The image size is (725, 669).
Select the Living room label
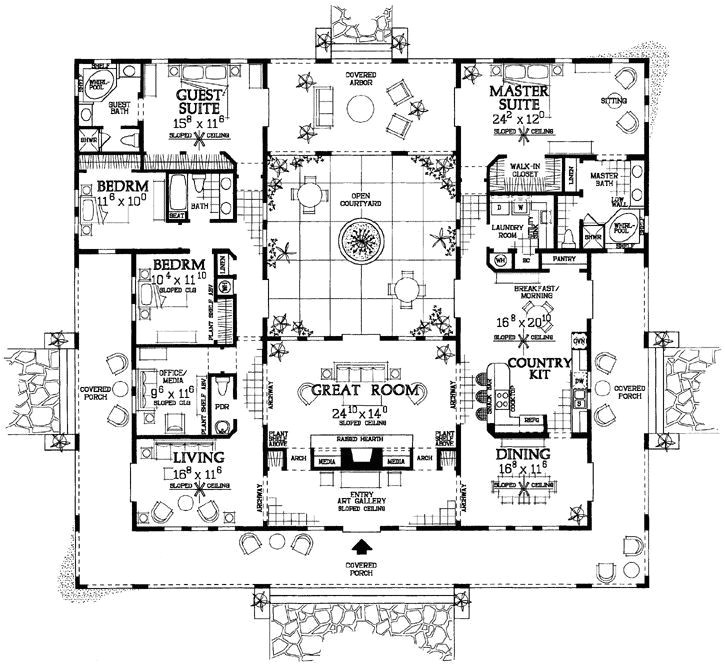(x=185, y=456)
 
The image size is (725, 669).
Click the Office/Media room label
(x=174, y=377)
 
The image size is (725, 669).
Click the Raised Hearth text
(x=362, y=438)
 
